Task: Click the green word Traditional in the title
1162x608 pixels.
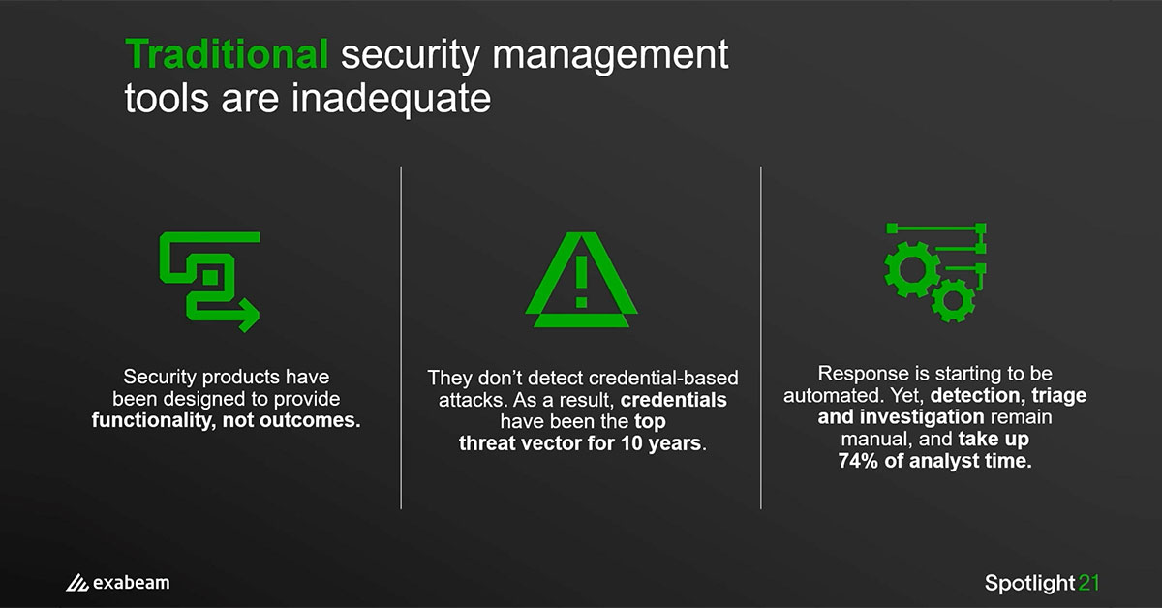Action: tap(227, 53)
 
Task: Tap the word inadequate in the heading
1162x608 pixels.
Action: tap(390, 99)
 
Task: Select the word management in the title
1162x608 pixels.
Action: tap(610, 56)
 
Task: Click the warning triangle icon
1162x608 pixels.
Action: tap(582, 280)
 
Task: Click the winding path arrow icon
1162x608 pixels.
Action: tap(209, 282)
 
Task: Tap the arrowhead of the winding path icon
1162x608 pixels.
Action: tap(248, 315)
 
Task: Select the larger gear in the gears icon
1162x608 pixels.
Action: tap(912, 270)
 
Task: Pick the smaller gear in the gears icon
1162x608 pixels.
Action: tap(953, 300)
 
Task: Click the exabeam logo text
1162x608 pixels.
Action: tap(132, 583)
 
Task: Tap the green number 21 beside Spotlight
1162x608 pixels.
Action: tap(1088, 583)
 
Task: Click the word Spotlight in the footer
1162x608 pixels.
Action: tap(1029, 583)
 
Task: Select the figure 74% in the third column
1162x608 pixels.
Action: tap(859, 461)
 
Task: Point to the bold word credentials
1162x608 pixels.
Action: tap(674, 400)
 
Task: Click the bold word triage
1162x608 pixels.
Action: tap(1058, 396)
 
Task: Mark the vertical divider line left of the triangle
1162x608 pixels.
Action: tap(401, 338)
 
